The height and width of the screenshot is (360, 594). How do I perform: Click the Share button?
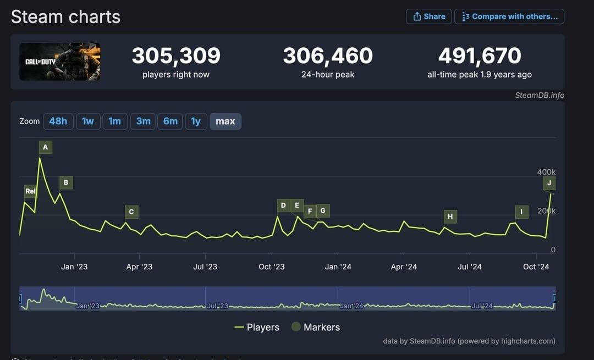(x=429, y=16)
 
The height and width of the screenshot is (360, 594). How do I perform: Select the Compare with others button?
(x=509, y=16)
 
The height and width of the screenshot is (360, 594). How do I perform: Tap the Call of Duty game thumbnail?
(x=60, y=62)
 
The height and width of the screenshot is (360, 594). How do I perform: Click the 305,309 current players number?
(x=176, y=56)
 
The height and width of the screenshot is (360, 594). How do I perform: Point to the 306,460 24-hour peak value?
(x=328, y=56)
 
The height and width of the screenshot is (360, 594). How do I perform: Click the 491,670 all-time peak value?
(x=480, y=56)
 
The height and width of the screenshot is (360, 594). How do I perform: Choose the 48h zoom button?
(x=58, y=121)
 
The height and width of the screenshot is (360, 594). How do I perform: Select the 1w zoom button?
(x=88, y=121)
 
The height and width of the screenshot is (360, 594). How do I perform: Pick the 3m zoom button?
(x=143, y=121)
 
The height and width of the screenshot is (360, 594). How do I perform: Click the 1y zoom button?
(x=196, y=121)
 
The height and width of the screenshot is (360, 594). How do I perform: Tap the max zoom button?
(x=226, y=121)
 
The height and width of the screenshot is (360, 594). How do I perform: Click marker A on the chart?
(x=46, y=147)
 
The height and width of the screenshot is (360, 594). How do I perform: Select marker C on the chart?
(x=131, y=212)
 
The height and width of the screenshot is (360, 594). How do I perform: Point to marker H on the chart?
(x=450, y=217)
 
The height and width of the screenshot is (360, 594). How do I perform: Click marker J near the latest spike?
(x=549, y=183)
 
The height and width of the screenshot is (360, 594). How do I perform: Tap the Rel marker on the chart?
(x=30, y=191)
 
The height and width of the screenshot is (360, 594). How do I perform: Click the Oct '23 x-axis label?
(x=272, y=267)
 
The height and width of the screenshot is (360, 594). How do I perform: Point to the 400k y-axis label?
(x=546, y=172)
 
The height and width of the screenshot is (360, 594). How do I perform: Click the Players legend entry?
(x=257, y=327)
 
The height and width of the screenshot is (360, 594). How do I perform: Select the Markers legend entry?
(x=316, y=327)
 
